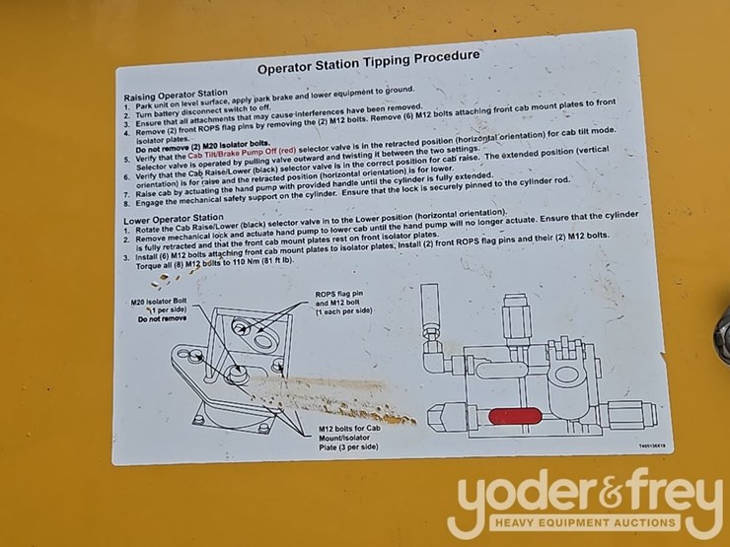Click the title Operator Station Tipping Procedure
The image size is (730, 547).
(368, 62)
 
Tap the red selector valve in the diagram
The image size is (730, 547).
(515, 415)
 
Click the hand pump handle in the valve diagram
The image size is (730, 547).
(430, 306)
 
